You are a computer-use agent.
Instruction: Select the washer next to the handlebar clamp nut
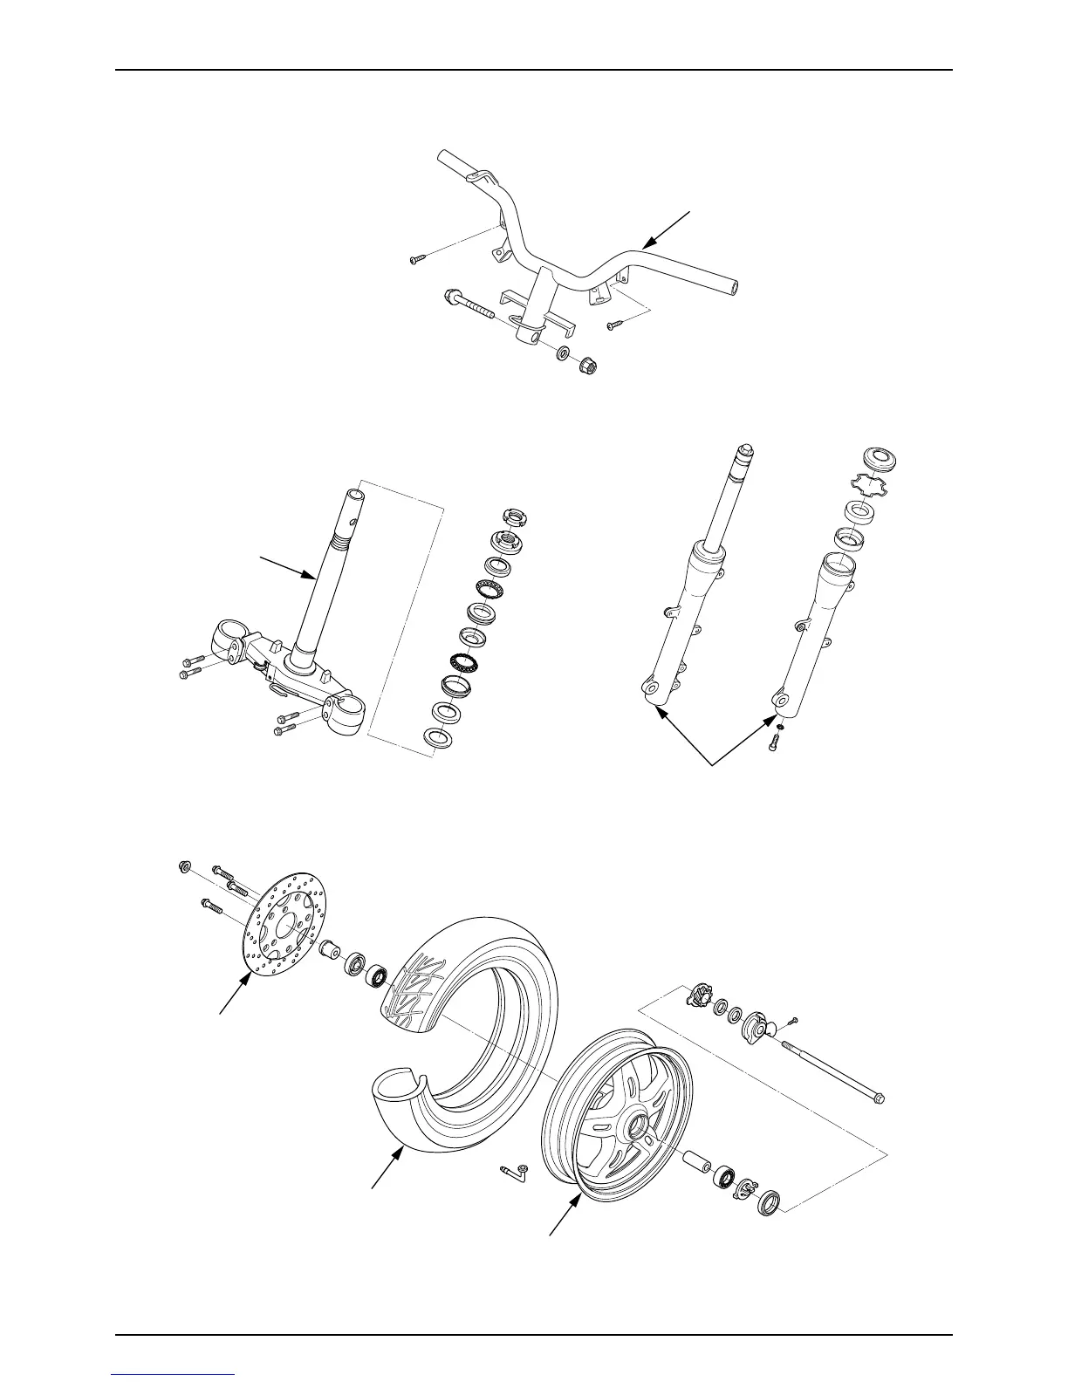coord(565,353)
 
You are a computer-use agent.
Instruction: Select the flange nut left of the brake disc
coord(184,866)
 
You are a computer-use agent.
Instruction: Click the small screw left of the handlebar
coord(416,258)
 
